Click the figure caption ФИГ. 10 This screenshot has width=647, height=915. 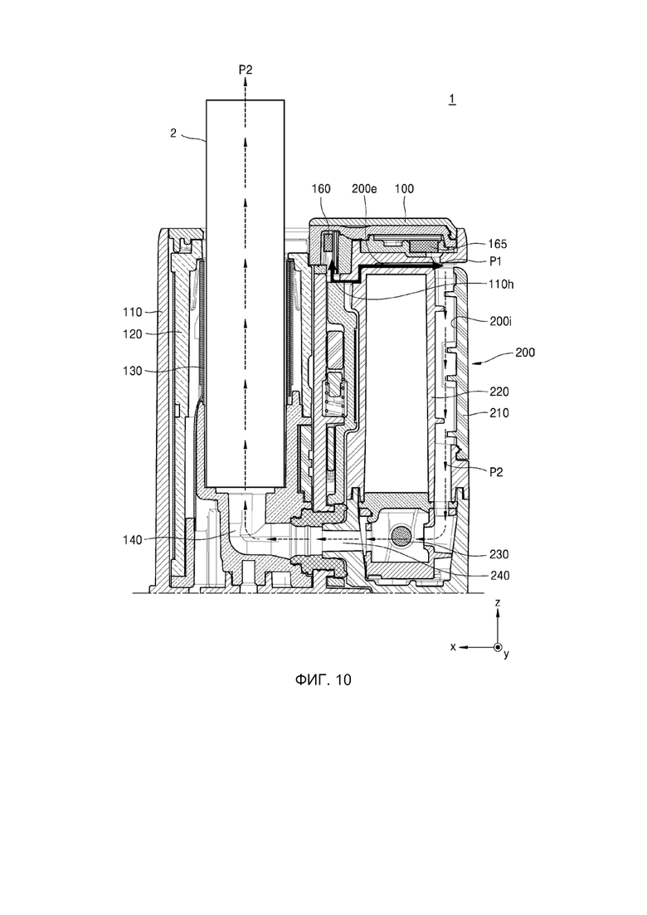point(323,680)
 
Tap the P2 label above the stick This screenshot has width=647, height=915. point(246,70)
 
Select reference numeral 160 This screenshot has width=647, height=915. point(321,188)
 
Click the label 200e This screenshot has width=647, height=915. point(365,188)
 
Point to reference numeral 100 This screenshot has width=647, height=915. point(404,188)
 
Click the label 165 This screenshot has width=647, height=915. point(498,244)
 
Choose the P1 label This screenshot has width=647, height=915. point(496,261)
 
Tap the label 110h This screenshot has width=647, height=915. point(501,285)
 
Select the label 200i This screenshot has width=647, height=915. point(500,321)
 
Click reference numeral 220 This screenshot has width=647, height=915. point(499,392)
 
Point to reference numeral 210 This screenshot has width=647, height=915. point(499,413)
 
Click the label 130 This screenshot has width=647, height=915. point(133,371)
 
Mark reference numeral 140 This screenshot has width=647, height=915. point(133,540)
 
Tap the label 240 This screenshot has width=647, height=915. point(499,576)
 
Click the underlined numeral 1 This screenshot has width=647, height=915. point(452,100)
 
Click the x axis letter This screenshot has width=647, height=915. point(453,646)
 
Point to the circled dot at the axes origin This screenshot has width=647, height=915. point(498,647)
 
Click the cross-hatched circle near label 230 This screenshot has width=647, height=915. point(401,535)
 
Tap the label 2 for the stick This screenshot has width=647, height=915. point(173,133)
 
